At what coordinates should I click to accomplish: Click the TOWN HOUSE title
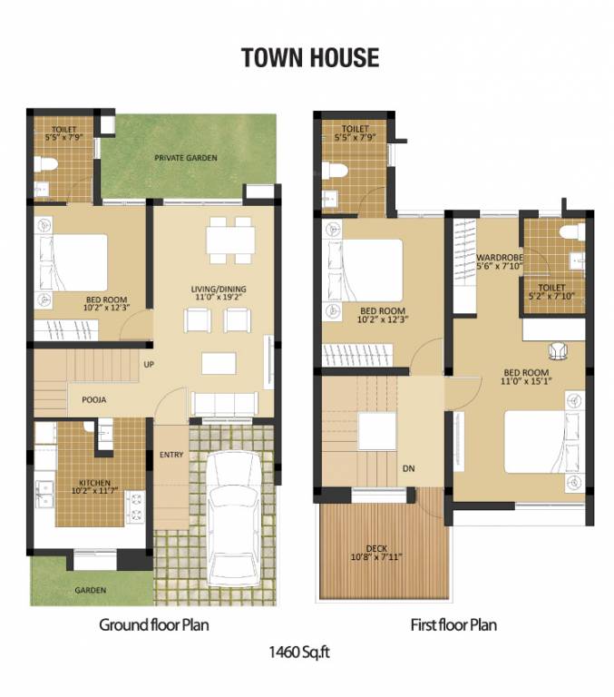[x=309, y=58]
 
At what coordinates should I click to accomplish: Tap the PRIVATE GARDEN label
[x=186, y=158]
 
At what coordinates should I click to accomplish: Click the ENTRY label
[x=171, y=454]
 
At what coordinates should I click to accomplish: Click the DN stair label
[x=409, y=468]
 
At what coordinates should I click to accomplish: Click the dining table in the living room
[x=229, y=239]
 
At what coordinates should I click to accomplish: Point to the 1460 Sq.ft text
[x=304, y=651]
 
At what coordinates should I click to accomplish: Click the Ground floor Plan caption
[x=154, y=625]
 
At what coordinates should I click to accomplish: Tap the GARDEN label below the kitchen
[x=90, y=590]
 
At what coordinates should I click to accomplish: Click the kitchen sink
[x=44, y=492]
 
